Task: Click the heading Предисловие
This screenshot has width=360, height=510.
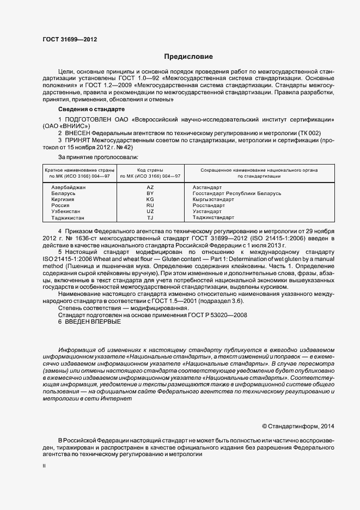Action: pos(188,57)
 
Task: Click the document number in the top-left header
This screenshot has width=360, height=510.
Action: pos(70,40)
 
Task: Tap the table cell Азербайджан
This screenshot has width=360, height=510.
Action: pos(68,187)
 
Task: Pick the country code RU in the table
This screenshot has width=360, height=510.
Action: pos(150,205)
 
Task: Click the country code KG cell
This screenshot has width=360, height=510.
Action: pos(150,199)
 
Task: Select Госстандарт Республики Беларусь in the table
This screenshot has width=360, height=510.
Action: pos(236,193)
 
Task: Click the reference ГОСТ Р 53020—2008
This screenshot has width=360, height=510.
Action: pos(221,314)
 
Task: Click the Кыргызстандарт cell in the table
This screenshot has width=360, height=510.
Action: pos(213,199)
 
